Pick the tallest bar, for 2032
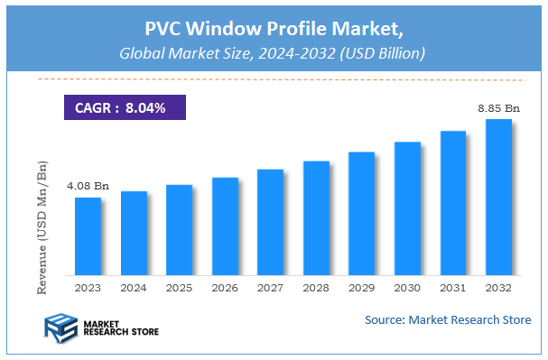pos(498,198)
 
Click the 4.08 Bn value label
pos(88,187)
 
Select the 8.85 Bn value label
pos(498,108)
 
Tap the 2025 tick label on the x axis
pos(179,288)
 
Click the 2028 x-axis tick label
pos(316,288)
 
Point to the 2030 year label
pos(407,288)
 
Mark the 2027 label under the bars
pos(270,288)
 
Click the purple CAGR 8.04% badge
pos(125,108)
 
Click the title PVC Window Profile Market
pos(274,27)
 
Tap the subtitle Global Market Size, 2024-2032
pos(274,53)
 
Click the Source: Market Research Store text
pos(448,320)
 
